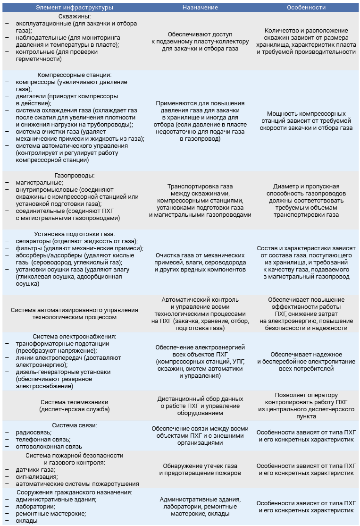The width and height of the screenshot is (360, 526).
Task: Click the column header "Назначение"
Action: pos(200,8)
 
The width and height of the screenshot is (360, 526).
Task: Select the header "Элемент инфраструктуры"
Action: pos(75,8)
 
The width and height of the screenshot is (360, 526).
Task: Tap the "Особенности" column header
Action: pos(306,8)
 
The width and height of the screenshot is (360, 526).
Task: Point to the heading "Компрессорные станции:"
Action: pos(75,75)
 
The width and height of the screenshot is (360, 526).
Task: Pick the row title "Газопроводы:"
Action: pos(75,175)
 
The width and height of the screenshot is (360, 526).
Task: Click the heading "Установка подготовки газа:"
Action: pos(75,234)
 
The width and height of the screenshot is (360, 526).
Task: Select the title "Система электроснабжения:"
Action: pos(75,336)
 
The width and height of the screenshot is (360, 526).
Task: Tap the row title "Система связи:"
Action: pos(75,425)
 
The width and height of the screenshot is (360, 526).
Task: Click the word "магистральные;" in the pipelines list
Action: pos(39,182)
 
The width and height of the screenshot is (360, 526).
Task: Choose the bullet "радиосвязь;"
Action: pos(33,432)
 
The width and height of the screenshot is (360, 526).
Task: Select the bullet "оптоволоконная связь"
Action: pos(49,446)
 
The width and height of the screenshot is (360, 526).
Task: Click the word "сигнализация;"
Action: pos(37,476)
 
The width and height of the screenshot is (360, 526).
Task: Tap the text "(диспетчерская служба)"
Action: pos(75,409)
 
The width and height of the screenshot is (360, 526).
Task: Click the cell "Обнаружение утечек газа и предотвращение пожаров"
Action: pos(200,469)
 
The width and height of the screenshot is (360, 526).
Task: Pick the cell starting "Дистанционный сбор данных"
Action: pos(200,406)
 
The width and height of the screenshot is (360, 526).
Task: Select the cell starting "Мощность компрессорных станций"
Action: pos(306,121)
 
